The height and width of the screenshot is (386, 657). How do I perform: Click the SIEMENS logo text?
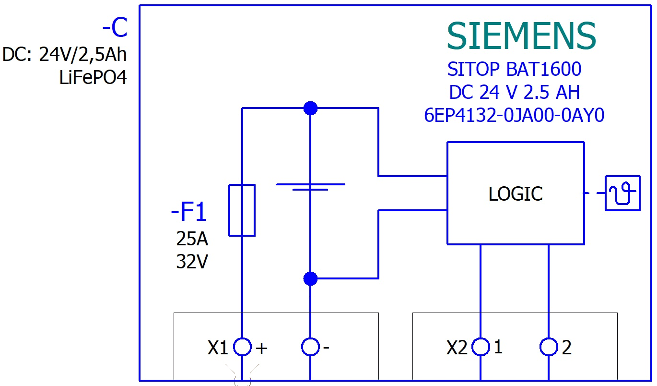pos(521,36)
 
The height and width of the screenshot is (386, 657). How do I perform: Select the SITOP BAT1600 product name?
pos(514,70)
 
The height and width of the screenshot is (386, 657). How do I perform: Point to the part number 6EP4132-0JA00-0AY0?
pos(514,115)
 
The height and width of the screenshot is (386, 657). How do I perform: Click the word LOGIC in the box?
pos(516,194)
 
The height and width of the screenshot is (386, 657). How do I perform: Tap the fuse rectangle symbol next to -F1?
pos(242,210)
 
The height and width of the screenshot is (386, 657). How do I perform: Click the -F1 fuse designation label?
pos(189,213)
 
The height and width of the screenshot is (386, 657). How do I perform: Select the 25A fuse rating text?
pos(192,239)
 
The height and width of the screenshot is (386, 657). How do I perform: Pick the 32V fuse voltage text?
pos(192,262)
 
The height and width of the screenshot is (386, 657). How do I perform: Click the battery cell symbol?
pos(310,187)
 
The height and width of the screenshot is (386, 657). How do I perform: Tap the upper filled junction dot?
pos(311,108)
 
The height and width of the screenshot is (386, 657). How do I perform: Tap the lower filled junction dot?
pos(311,278)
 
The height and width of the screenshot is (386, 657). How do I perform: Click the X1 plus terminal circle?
pos(242,347)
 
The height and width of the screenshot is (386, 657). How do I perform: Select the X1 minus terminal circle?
pos(311,347)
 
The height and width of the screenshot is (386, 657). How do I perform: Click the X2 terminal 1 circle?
pos(481,347)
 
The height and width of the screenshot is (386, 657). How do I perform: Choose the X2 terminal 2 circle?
pos(549,347)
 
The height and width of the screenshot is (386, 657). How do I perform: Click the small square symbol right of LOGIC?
pos(622,193)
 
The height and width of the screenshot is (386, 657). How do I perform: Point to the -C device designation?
pos(115,29)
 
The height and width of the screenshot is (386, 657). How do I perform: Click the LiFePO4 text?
pos(93,77)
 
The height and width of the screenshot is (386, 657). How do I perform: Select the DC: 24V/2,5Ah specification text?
pos(65,55)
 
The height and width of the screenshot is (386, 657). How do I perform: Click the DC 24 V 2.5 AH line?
pos(514,92)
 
